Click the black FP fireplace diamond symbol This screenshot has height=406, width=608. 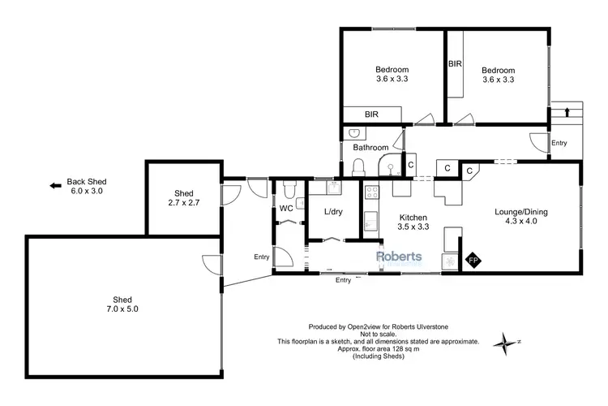[473, 261]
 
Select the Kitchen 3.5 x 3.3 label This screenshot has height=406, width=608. [413, 222]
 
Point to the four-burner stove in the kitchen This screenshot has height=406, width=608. [371, 193]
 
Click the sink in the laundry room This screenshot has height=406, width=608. [332, 188]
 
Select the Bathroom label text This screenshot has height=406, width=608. [370, 148]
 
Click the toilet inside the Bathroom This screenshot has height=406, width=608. [359, 167]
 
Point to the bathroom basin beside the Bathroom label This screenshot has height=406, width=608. [353, 133]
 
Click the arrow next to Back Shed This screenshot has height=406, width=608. [56, 185]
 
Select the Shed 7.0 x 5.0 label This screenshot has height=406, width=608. [119, 304]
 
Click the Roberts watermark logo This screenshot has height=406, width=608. [398, 257]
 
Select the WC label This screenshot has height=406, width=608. [285, 209]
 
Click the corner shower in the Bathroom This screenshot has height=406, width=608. [391, 166]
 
